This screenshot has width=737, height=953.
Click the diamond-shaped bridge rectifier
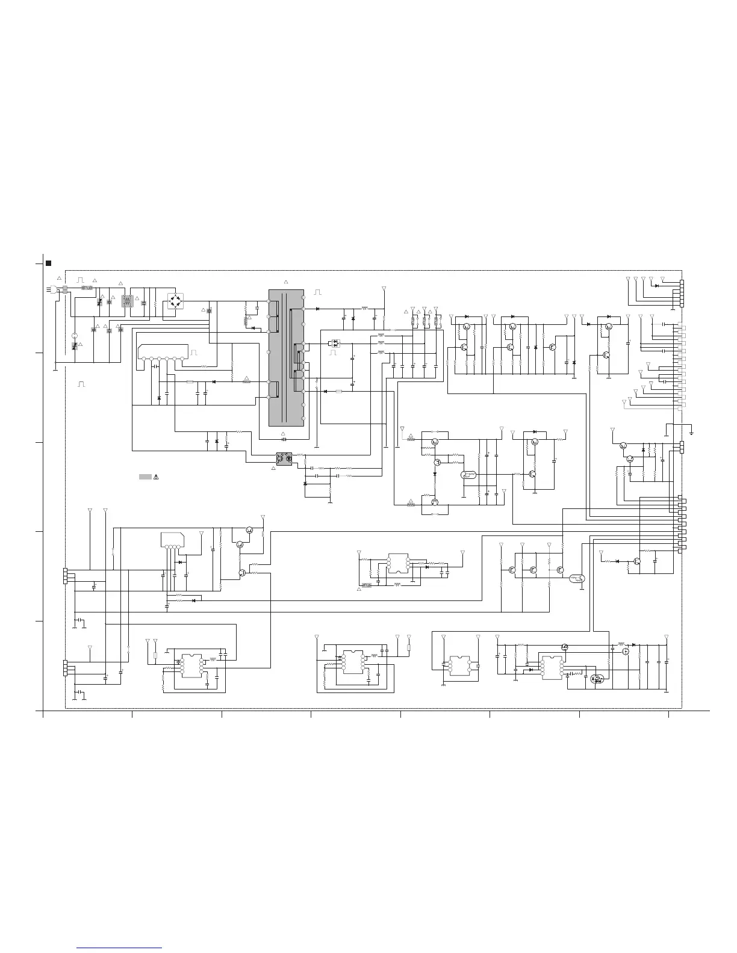[175, 299]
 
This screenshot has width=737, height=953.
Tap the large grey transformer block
[286, 358]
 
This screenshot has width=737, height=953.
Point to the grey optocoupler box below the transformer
[284, 458]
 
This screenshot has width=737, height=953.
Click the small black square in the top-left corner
[49, 263]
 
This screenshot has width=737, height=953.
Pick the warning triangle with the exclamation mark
[155, 476]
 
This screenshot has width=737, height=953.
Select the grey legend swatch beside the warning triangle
[145, 476]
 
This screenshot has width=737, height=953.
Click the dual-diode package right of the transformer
[335, 343]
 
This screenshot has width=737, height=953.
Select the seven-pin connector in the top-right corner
[682, 294]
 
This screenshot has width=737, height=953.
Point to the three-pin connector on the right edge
[682, 447]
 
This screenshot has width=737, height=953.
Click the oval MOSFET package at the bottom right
[597, 679]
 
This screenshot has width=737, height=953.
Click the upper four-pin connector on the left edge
[65, 576]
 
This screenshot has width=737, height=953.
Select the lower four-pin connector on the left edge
[65, 668]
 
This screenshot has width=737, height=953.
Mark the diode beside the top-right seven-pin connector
[656, 285]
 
